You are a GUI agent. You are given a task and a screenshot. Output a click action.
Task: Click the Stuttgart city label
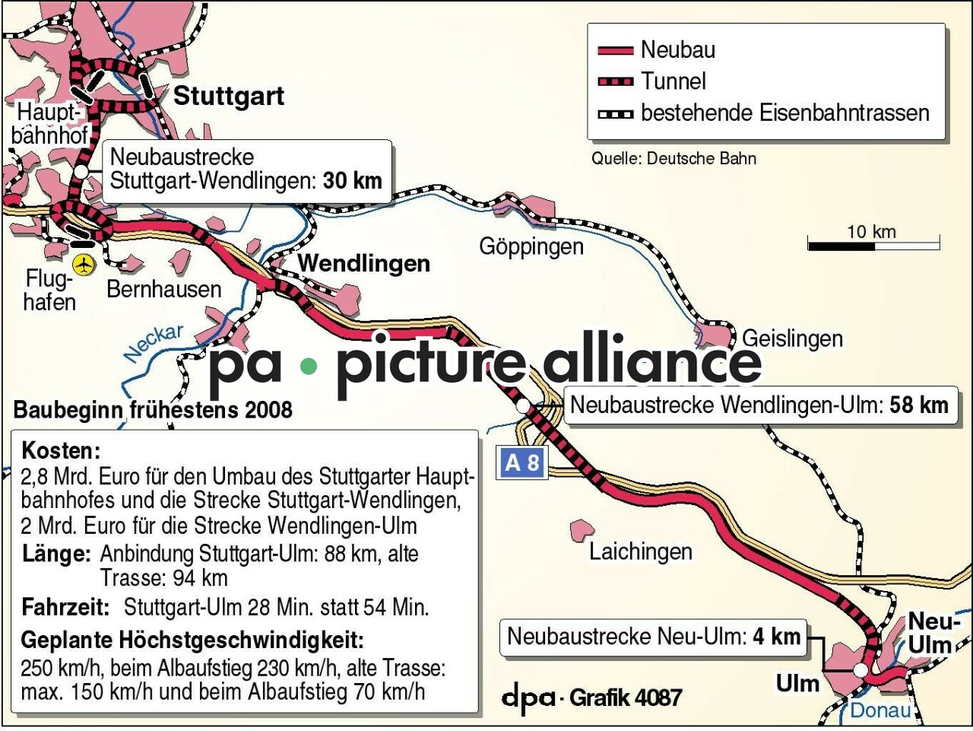click(x=229, y=96)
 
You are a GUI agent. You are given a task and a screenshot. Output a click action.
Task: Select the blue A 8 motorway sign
click(x=522, y=462)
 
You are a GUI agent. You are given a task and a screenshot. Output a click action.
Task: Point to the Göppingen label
click(x=531, y=246)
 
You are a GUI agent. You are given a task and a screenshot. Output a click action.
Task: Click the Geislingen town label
click(x=792, y=338)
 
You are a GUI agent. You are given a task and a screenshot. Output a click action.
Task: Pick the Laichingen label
click(x=640, y=551)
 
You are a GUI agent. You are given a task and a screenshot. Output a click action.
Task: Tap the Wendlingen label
click(x=363, y=264)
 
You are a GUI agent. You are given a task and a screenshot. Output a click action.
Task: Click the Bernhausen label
click(x=163, y=289)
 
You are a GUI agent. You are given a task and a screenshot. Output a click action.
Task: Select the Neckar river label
click(x=154, y=342)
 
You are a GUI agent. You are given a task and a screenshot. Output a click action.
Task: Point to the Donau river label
click(x=880, y=710)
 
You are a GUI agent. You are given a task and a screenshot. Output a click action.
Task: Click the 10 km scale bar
click(x=873, y=245)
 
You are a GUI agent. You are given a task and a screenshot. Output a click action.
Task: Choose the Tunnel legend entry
click(x=673, y=81)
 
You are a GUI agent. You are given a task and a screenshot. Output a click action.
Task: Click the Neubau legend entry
click(x=677, y=50)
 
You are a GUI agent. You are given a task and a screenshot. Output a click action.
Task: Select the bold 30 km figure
click(x=352, y=181)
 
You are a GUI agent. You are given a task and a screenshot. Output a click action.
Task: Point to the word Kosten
click(x=61, y=450)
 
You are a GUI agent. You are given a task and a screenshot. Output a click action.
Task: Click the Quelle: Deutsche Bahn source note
click(x=673, y=158)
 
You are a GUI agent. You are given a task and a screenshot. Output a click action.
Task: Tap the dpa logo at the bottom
click(x=528, y=697)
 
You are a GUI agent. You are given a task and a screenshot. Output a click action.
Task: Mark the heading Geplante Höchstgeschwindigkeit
click(x=192, y=640)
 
